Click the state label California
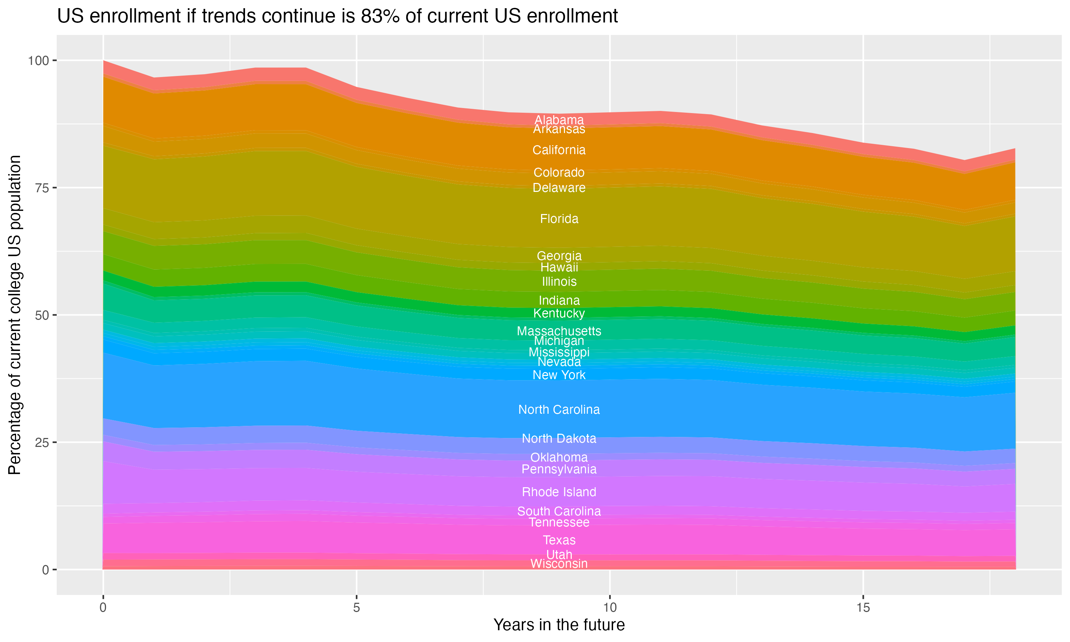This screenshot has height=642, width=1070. (559, 150)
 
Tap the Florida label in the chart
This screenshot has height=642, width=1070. (559, 219)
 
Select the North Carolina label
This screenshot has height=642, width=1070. (559, 410)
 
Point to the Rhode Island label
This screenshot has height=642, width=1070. (559, 492)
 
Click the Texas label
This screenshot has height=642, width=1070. (559, 540)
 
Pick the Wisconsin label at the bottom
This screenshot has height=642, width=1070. (559, 564)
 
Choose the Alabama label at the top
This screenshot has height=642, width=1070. (559, 120)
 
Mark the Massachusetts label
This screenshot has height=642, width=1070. (559, 331)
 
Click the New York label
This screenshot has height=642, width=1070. (559, 375)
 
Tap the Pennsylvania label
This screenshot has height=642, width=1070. (559, 469)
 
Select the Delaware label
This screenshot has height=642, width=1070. (559, 188)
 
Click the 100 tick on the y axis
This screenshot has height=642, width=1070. (38, 61)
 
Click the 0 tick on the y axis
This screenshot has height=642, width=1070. (45, 570)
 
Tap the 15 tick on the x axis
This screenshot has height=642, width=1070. (863, 608)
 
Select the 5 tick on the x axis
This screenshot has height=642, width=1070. (356, 608)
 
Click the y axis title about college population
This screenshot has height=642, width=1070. (15, 315)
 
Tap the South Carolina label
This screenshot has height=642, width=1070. (559, 511)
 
